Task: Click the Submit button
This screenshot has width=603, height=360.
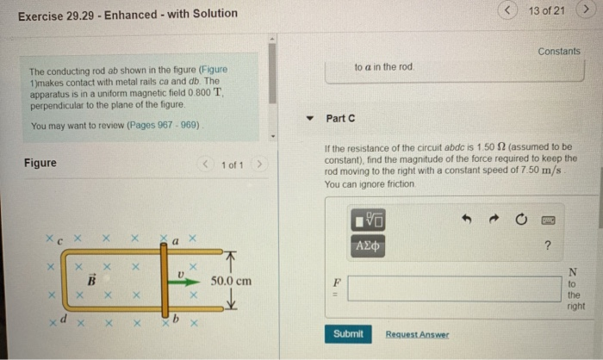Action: pyautogui.click(x=348, y=333)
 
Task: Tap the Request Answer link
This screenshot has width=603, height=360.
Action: pyautogui.click(x=417, y=334)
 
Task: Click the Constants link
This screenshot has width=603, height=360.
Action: pyautogui.click(x=559, y=52)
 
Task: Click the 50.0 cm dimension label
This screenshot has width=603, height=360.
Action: pyautogui.click(x=231, y=281)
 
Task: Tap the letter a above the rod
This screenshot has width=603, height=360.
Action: pyautogui.click(x=175, y=244)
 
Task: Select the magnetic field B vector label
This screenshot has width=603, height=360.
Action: pyautogui.click(x=89, y=281)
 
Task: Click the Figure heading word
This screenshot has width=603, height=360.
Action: pyautogui.click(x=40, y=164)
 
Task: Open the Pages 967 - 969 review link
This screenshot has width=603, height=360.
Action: pyautogui.click(x=162, y=125)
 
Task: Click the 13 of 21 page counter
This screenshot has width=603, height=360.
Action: pyautogui.click(x=547, y=10)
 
